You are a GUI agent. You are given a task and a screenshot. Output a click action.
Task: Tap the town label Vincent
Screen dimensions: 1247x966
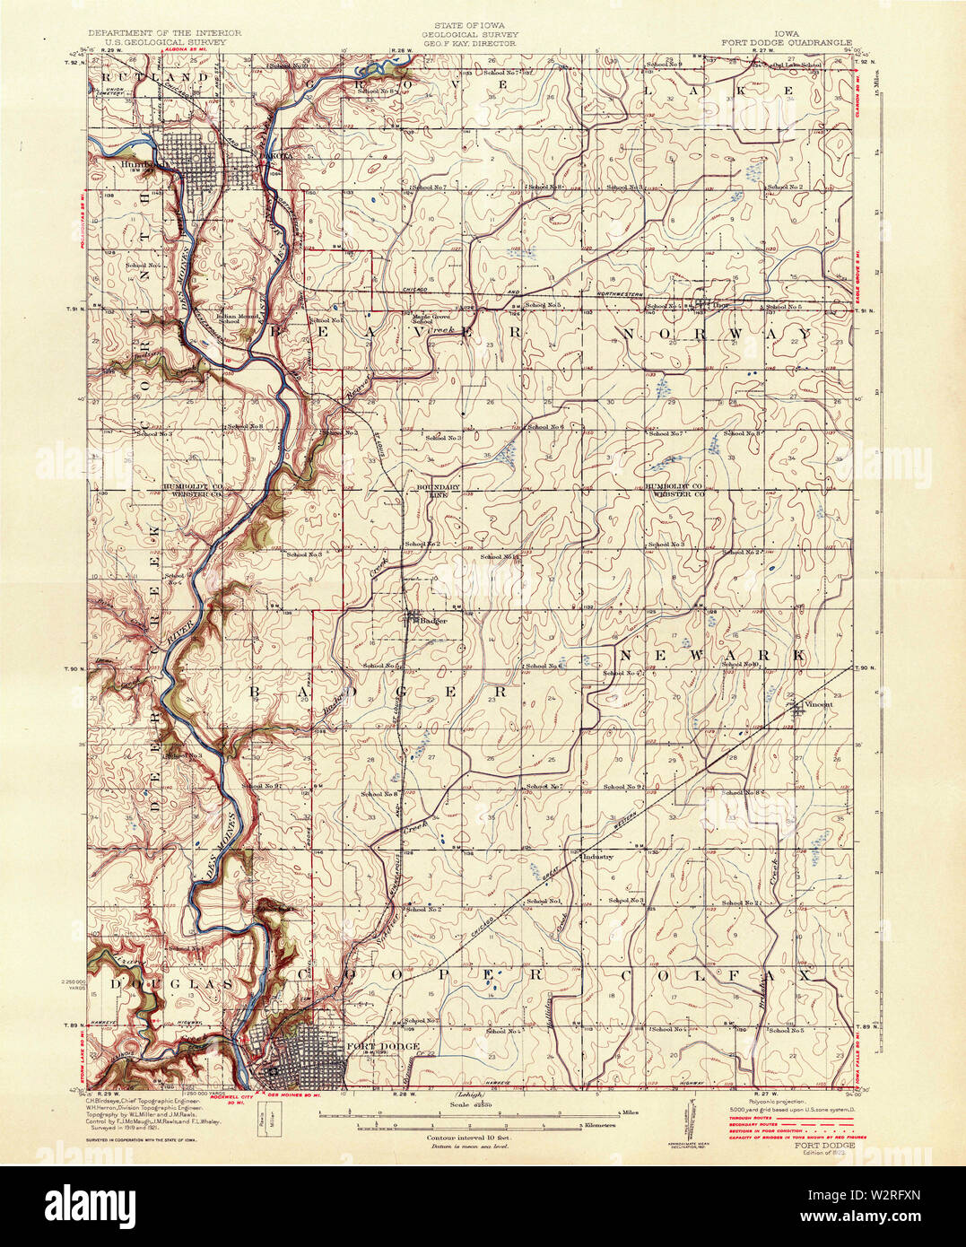pyautogui.click(x=817, y=704)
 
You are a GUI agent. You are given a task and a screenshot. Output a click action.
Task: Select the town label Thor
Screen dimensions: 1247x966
pyautogui.click(x=718, y=304)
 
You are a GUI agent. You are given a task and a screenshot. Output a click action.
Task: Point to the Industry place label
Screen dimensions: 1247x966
pyautogui.click(x=597, y=857)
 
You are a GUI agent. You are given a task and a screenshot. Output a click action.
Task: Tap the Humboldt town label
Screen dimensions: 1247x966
pyautogui.click(x=143, y=165)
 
